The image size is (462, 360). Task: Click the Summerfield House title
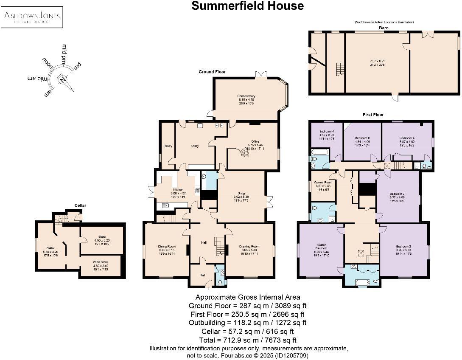(x=247, y=6)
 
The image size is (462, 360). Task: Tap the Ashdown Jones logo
(x=32, y=17)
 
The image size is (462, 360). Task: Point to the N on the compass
(x=63, y=80)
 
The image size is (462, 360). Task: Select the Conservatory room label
(x=246, y=96)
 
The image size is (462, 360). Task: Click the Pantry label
(x=167, y=146)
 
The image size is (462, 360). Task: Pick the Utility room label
(x=195, y=146)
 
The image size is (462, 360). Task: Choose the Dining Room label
(x=167, y=246)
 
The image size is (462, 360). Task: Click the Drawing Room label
(x=249, y=246)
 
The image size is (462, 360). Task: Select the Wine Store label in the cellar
(x=101, y=262)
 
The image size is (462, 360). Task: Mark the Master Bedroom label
(x=321, y=246)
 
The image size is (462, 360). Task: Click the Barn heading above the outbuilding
(x=384, y=28)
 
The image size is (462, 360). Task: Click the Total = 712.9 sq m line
(x=247, y=340)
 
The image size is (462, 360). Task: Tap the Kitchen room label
(x=178, y=189)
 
